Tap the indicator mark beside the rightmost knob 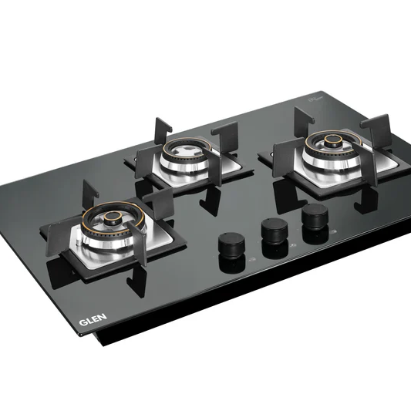click(x=333, y=225)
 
